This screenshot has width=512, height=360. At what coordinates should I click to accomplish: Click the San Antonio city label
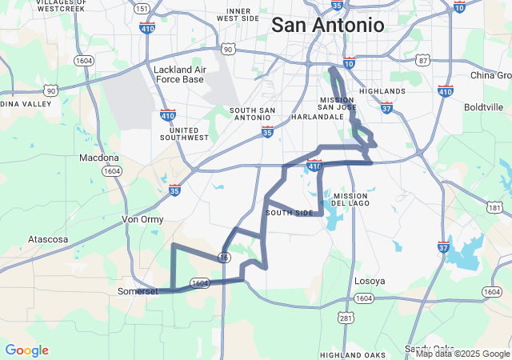(328, 25)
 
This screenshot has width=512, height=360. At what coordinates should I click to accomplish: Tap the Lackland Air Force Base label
(178, 74)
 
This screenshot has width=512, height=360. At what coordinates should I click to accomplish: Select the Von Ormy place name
(141, 218)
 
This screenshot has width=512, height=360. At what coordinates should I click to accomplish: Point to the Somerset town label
(138, 291)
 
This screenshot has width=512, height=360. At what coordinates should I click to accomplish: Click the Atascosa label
(50, 239)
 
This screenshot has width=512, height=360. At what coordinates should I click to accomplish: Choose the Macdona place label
(99, 158)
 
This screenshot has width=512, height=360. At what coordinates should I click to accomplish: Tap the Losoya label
(370, 281)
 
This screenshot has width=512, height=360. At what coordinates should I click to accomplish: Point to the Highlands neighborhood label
(382, 91)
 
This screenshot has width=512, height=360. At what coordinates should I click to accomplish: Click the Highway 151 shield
(142, 9)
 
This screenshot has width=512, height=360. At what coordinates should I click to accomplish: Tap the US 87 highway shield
(423, 61)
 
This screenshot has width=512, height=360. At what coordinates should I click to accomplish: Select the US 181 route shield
(494, 208)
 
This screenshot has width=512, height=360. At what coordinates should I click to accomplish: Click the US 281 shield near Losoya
(346, 318)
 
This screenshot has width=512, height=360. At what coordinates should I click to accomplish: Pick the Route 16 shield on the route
(225, 256)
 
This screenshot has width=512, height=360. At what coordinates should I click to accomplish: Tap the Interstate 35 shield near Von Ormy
(175, 190)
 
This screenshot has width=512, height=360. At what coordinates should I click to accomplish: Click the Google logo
(26, 350)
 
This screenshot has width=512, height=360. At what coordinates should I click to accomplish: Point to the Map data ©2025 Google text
(462, 354)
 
